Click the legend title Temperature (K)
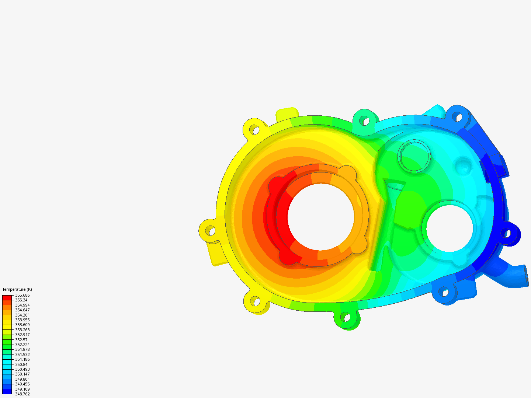[x=17, y=289]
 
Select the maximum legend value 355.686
[x=22, y=295]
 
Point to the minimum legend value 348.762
[x=22, y=394]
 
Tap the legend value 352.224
[x=22, y=345]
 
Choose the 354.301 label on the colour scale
[x=22, y=315]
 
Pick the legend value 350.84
[x=21, y=364]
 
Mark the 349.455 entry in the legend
[x=22, y=384]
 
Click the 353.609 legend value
[x=22, y=325]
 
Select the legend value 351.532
[x=22, y=355]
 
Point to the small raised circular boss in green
[x=414, y=156]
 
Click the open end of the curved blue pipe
[x=526, y=275]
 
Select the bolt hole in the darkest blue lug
[x=506, y=233]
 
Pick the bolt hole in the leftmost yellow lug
[x=210, y=231]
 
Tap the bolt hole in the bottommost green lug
[x=345, y=316]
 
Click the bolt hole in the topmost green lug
[x=364, y=120]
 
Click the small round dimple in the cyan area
[x=462, y=165]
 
